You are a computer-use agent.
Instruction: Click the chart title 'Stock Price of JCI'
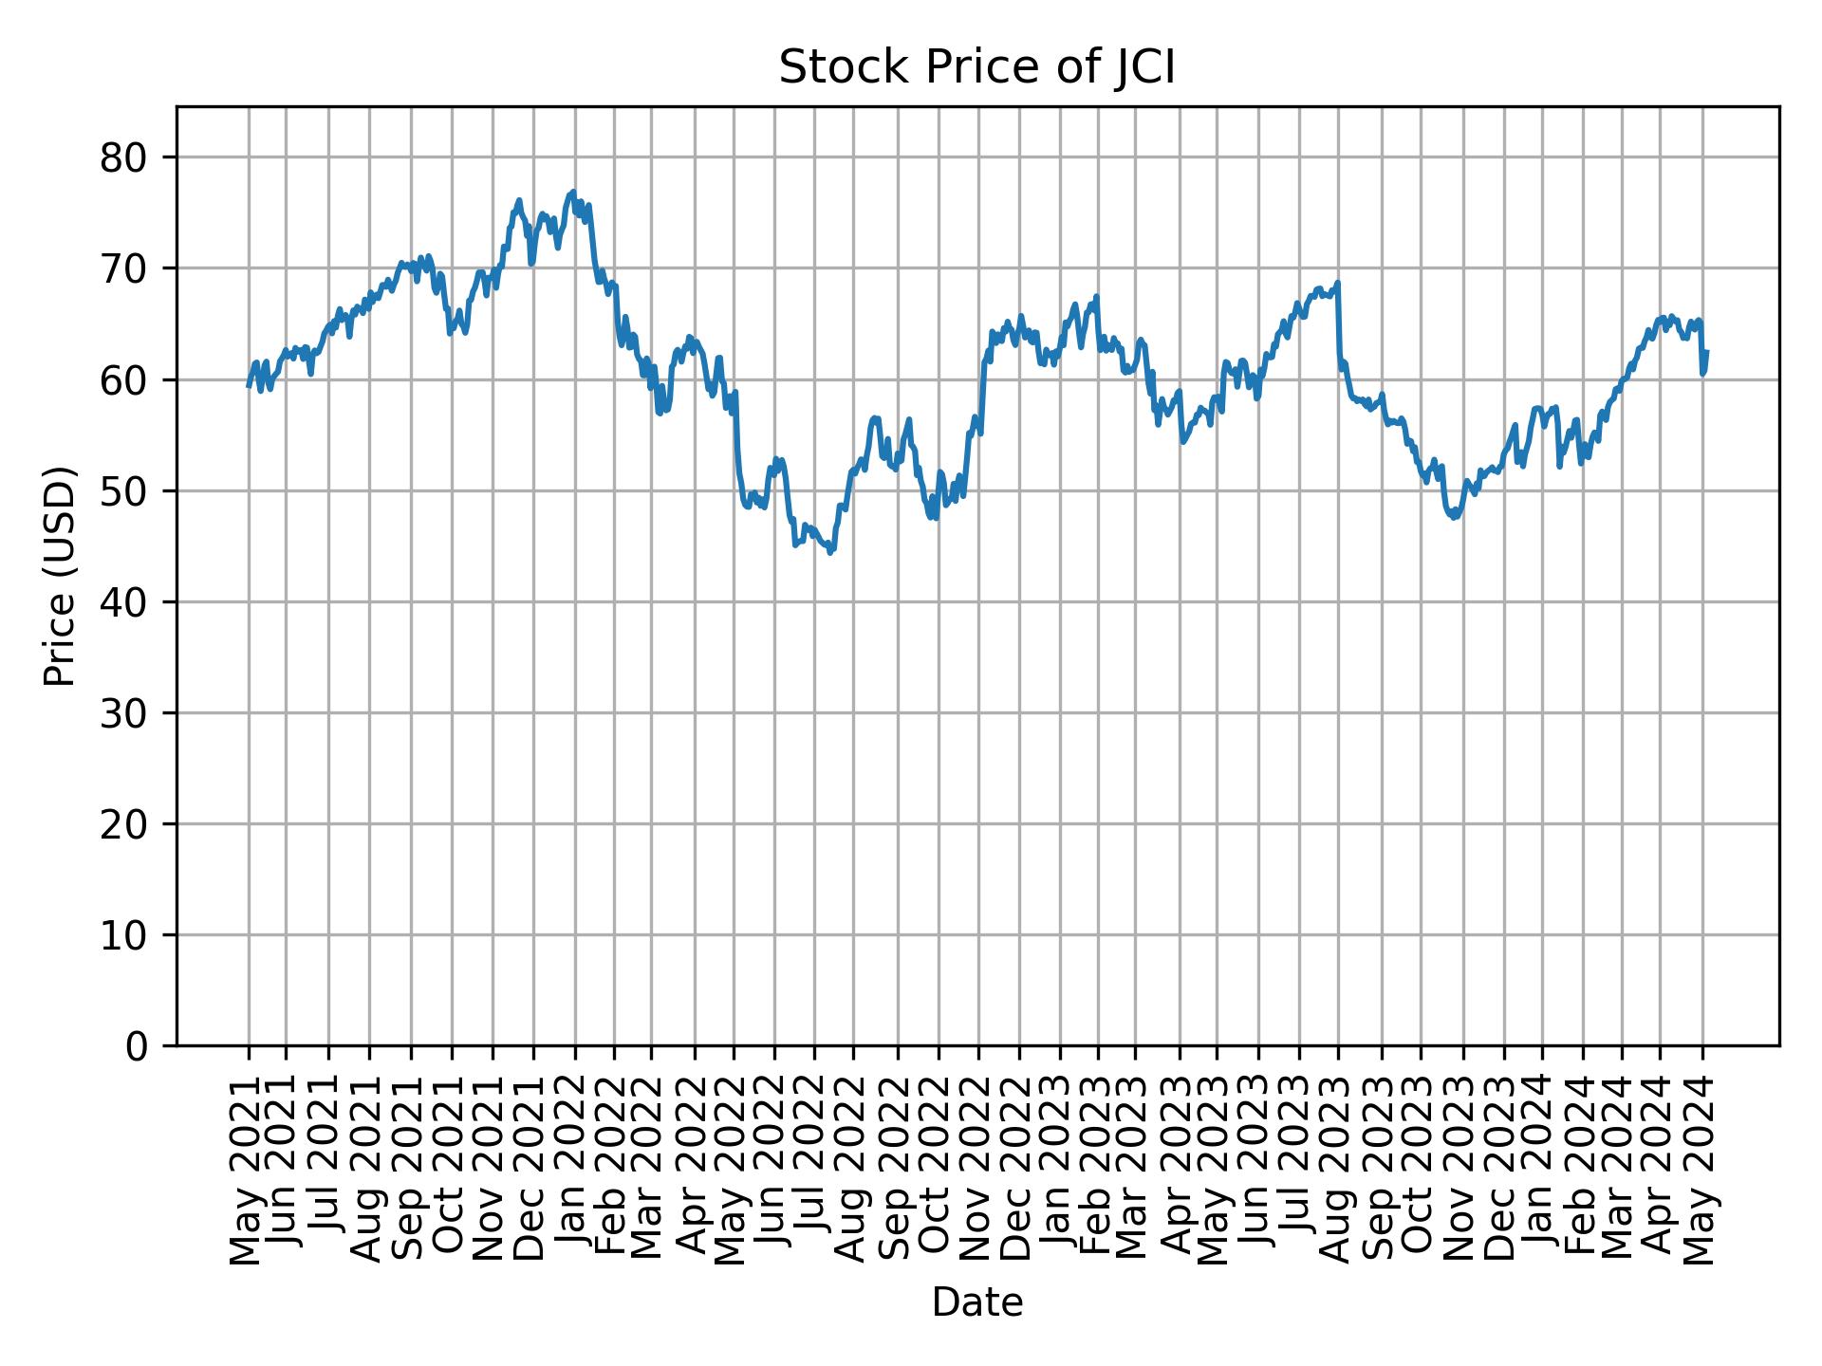pyautogui.click(x=976, y=68)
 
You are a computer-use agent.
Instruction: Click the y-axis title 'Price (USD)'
pyautogui.click(x=60, y=576)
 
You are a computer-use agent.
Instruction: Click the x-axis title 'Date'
pyautogui.click(x=976, y=1303)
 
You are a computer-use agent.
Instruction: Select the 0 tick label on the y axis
pyautogui.click(x=137, y=1046)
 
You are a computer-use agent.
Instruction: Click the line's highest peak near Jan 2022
pyautogui.click(x=572, y=192)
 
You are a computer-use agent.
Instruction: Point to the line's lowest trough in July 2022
pyautogui.click(x=830, y=552)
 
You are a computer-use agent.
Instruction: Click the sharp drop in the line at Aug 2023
pyautogui.click(x=1339, y=323)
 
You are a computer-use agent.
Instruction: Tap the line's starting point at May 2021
pyautogui.click(x=249, y=385)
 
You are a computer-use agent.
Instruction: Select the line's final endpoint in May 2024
pyautogui.click(x=1706, y=352)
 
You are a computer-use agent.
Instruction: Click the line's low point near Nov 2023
pyautogui.click(x=1455, y=517)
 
